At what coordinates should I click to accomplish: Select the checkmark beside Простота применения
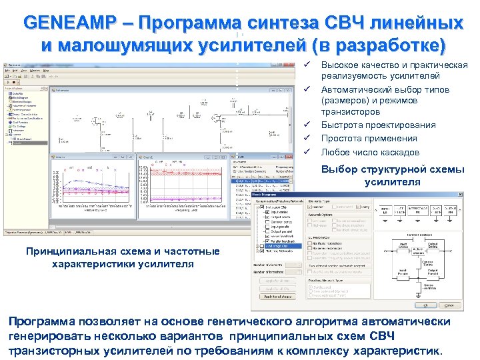pyautogui.click(x=307, y=138)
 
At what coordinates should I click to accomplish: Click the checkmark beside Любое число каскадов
pyautogui.click(x=307, y=152)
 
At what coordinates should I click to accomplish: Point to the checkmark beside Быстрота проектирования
pyautogui.click(x=307, y=125)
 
